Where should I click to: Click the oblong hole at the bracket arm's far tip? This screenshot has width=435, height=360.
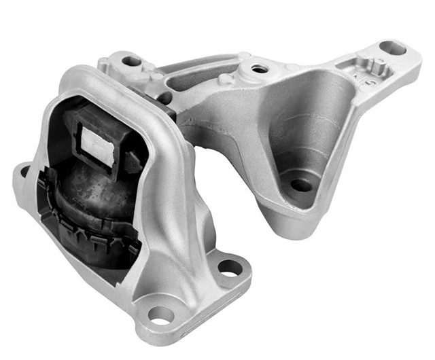click(392, 48)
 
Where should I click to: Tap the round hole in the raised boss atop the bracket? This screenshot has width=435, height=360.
click(259, 69)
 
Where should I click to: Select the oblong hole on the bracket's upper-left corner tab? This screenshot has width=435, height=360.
click(131, 61)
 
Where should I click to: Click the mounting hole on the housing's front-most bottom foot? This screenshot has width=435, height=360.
click(161, 314)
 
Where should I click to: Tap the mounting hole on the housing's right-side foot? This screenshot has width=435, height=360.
click(229, 268)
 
